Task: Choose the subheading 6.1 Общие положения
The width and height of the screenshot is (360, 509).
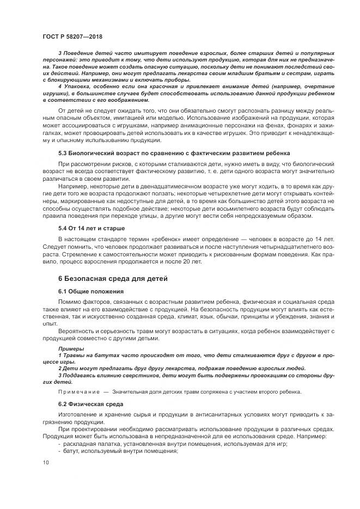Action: click(91, 291)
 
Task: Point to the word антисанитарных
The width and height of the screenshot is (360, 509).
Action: click(201, 415)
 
